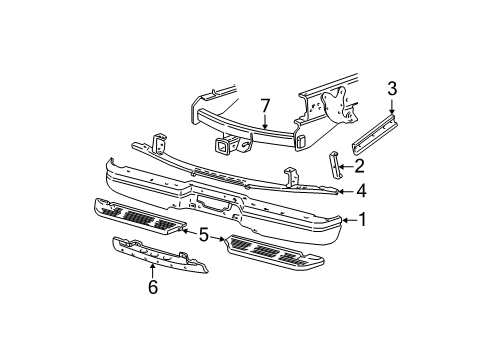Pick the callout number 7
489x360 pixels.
pos(265,104)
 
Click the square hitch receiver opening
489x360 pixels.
pos(219,150)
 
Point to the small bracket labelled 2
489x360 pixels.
pos(330,164)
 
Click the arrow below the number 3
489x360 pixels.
pos(393,111)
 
